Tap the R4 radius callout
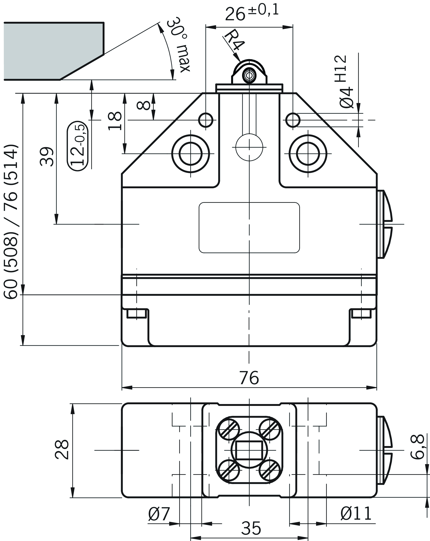(x=234, y=40)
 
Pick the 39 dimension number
(x=47, y=157)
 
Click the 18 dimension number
(x=115, y=121)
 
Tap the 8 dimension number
(x=144, y=105)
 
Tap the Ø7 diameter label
(x=159, y=514)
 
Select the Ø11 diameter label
(x=356, y=514)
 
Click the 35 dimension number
(x=251, y=528)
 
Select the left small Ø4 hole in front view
(x=206, y=120)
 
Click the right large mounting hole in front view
(x=308, y=154)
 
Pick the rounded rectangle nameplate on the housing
(x=249, y=227)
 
